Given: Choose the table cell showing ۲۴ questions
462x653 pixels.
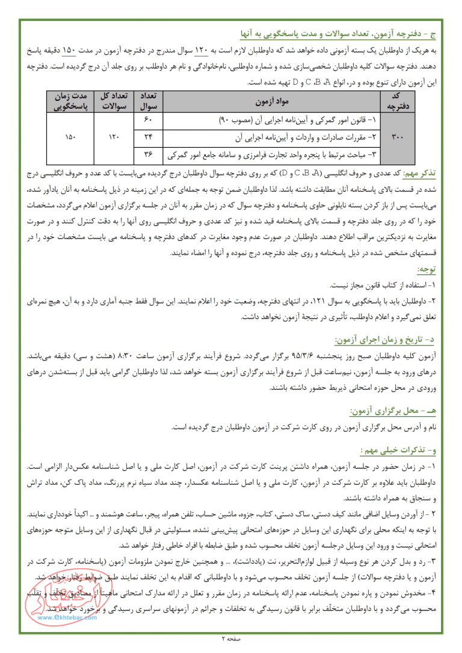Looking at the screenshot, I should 149,138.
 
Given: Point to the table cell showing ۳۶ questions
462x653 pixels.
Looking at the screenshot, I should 149,154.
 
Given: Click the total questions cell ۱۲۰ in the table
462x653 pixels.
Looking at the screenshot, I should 114,138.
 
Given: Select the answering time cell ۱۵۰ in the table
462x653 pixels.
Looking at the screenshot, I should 71,138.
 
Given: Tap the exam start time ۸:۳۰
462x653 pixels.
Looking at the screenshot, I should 114,356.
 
